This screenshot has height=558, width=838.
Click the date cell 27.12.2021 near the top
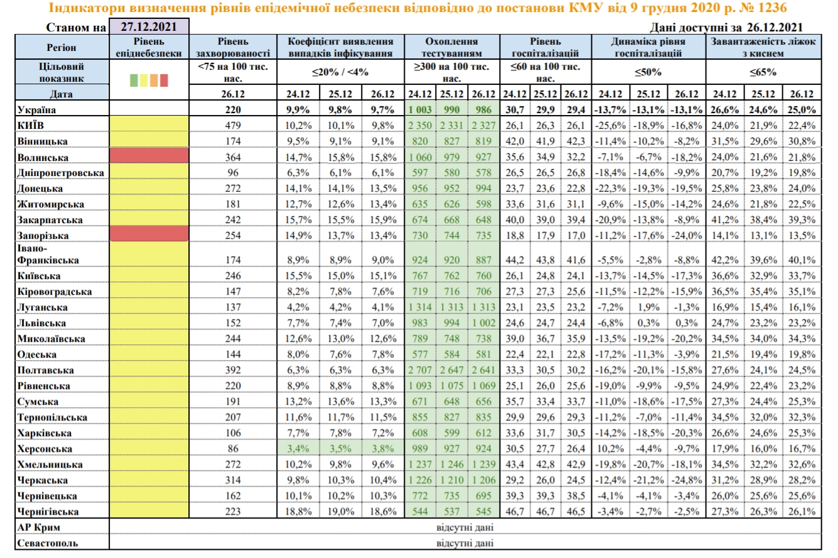point(149,28)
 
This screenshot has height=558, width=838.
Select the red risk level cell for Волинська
point(149,156)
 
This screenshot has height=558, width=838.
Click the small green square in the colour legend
point(134,80)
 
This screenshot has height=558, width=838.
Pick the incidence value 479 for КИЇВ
point(233,125)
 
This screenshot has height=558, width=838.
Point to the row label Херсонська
point(45,449)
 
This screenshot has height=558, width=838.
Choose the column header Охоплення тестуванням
point(452,47)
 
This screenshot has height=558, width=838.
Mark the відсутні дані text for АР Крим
point(465,527)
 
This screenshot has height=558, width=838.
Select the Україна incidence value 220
point(233,109)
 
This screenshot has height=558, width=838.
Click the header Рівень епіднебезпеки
point(149,47)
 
